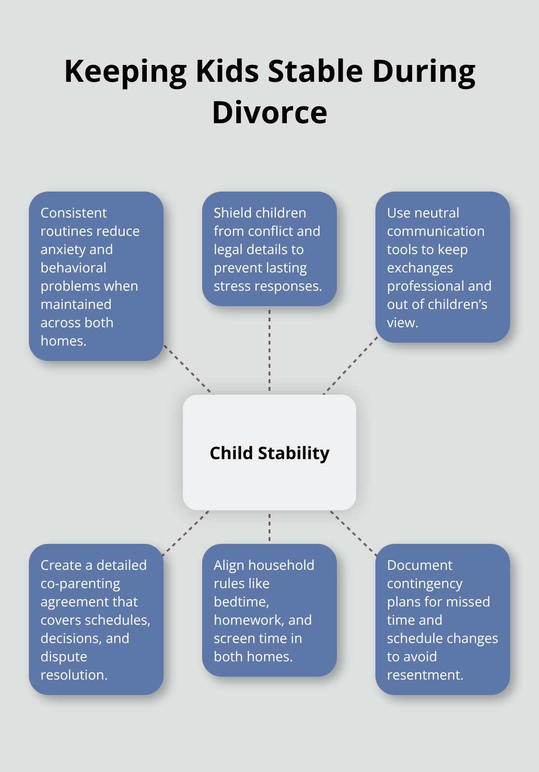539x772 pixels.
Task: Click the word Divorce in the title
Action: coord(269,113)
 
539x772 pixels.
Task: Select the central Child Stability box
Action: coord(269,452)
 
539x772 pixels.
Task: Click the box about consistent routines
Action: coord(96,276)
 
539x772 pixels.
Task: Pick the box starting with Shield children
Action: coord(269,249)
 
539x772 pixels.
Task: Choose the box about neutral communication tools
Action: coord(442,267)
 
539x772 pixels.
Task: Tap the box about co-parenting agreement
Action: coord(96,619)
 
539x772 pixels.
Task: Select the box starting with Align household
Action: coord(269,610)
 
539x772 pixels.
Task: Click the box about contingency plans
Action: coord(442,619)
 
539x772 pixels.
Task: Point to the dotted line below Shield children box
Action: coord(269,350)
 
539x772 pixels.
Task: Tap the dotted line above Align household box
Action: coord(269,528)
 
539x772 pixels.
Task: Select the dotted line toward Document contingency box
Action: coord(354,533)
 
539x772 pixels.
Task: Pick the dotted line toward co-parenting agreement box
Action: coord(186,533)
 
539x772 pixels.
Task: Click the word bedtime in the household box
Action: coord(241,602)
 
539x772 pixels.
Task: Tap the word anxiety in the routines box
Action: coord(62,250)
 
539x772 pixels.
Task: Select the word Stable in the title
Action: coord(315,71)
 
